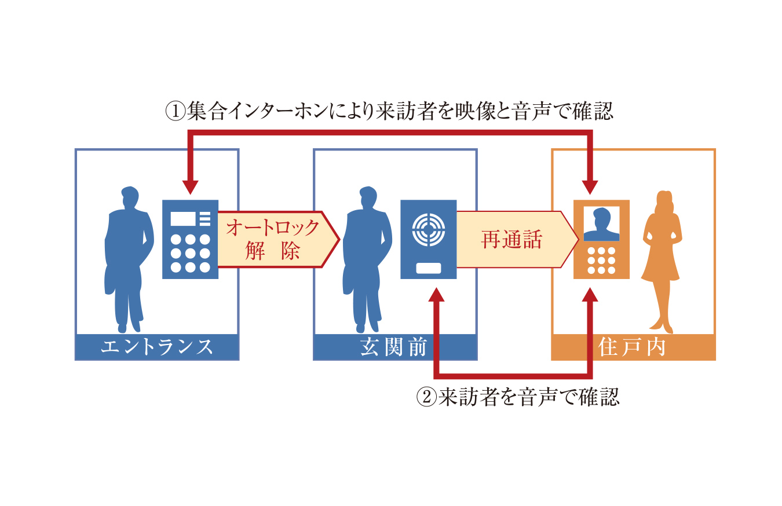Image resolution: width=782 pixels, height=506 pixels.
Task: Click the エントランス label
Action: [157, 347]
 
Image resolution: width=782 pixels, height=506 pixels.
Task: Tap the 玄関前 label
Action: [394, 347]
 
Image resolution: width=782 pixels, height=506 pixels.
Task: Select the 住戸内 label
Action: [633, 347]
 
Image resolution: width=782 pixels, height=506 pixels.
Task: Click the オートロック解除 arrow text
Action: [272, 239]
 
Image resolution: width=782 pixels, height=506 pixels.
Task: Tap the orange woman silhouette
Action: [662, 261]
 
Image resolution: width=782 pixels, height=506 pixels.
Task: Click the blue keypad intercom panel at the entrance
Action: [190, 239]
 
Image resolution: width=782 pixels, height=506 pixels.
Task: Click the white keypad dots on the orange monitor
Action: [601, 261]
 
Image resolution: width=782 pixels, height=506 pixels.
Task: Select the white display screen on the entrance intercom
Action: [183, 218]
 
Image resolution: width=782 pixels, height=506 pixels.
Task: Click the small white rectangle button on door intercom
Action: [429, 268]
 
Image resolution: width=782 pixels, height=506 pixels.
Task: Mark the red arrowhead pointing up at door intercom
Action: [438, 294]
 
